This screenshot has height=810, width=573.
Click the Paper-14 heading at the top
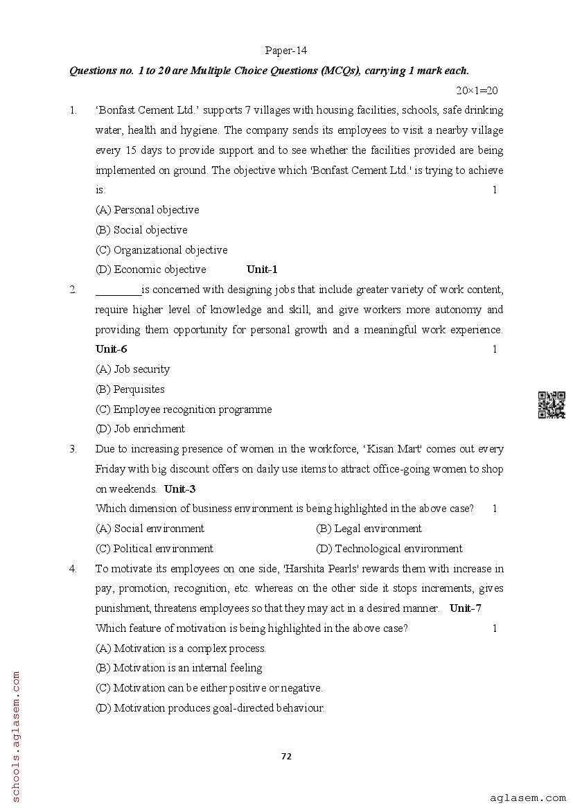(285, 51)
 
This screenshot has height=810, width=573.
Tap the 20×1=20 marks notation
(477, 91)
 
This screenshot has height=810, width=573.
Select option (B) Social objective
(141, 230)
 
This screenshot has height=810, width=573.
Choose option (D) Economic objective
(150, 270)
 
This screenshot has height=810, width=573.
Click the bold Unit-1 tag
(262, 270)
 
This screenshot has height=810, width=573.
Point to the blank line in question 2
(118, 290)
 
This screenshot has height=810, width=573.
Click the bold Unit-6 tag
(112, 349)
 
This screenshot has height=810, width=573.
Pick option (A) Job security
(132, 369)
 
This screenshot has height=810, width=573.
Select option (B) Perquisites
(130, 389)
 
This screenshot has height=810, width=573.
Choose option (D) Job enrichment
(140, 429)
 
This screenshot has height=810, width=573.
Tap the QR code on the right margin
(552, 405)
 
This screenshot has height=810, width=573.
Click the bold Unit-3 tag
(179, 488)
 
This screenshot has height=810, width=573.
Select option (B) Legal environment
(369, 529)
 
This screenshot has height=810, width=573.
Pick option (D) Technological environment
(389, 549)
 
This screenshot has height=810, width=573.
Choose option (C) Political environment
(154, 549)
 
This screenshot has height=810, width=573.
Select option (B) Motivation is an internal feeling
(179, 668)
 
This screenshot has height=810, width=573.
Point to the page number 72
(286, 756)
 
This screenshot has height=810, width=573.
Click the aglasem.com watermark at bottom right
(527, 798)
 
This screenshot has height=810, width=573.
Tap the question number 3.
(73, 449)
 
